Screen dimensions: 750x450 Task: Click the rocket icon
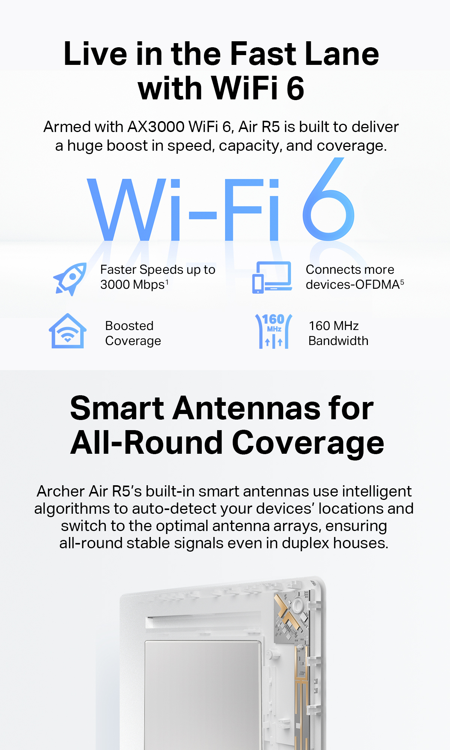tap(70, 279)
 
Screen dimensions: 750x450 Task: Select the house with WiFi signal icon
tap(67, 331)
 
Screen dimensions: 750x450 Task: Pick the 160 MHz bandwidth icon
tap(274, 331)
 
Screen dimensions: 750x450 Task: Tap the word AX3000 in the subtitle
tap(156, 127)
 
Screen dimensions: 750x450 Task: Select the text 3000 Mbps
tap(132, 285)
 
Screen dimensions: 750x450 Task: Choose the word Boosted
tap(129, 326)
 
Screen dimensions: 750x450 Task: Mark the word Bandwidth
tap(338, 341)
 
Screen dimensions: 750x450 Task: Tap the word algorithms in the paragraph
tap(73, 509)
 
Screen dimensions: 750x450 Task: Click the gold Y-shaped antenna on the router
tap(287, 615)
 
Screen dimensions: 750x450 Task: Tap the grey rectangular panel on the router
tap(202, 694)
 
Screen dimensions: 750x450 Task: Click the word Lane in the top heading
tap(342, 54)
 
